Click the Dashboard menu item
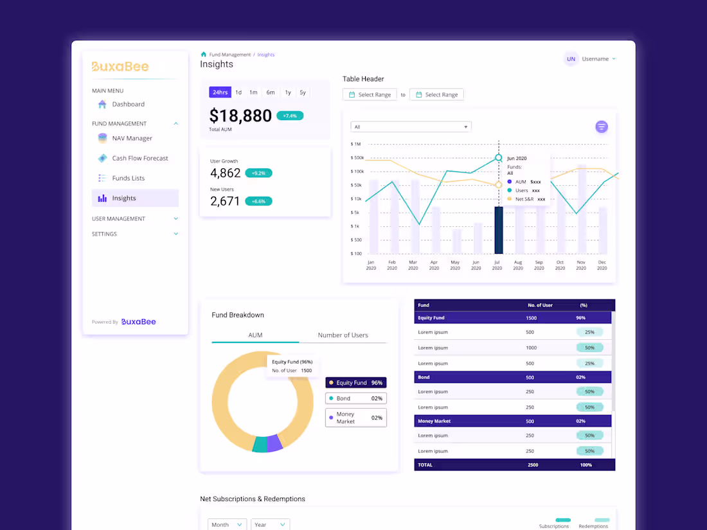pyautogui.click(x=128, y=104)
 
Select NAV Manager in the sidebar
pyautogui.click(x=132, y=138)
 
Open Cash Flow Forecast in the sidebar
pyautogui.click(x=139, y=158)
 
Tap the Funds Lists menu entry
pyautogui.click(x=128, y=178)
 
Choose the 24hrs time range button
pyautogui.click(x=220, y=93)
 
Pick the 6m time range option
pyautogui.click(x=271, y=93)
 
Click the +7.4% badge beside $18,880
pyautogui.click(x=290, y=116)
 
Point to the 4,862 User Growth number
pyautogui.click(x=225, y=173)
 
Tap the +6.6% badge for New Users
pyautogui.click(x=258, y=201)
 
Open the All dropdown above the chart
pyautogui.click(x=411, y=127)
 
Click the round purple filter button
pyautogui.click(x=602, y=127)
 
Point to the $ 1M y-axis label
pyautogui.click(x=356, y=144)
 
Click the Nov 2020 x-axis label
pyautogui.click(x=581, y=265)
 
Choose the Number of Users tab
pyautogui.click(x=343, y=335)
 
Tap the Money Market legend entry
pyautogui.click(x=355, y=418)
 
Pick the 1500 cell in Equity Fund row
pyautogui.click(x=531, y=318)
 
